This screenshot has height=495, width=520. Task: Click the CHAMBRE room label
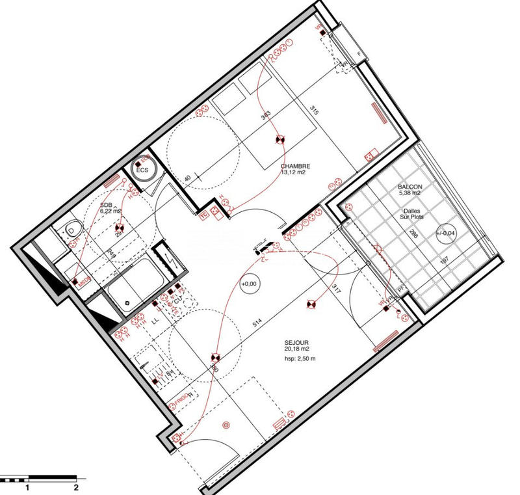[x=294, y=166]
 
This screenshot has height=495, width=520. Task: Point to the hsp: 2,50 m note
[x=299, y=358]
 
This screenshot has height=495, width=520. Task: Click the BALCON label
[x=409, y=186]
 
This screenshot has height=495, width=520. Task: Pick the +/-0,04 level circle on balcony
[x=447, y=233]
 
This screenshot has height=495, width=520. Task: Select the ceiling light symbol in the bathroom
[x=120, y=228]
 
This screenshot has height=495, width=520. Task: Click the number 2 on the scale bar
[x=77, y=486]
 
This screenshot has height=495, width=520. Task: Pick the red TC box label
[x=203, y=213]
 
